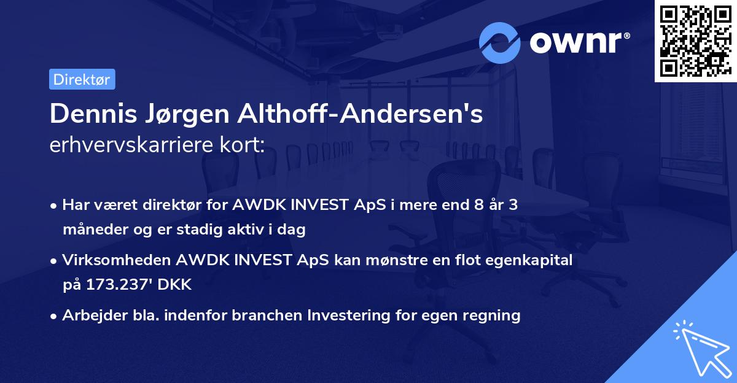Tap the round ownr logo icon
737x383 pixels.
coord(499,42)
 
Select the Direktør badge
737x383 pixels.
coord(82,79)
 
